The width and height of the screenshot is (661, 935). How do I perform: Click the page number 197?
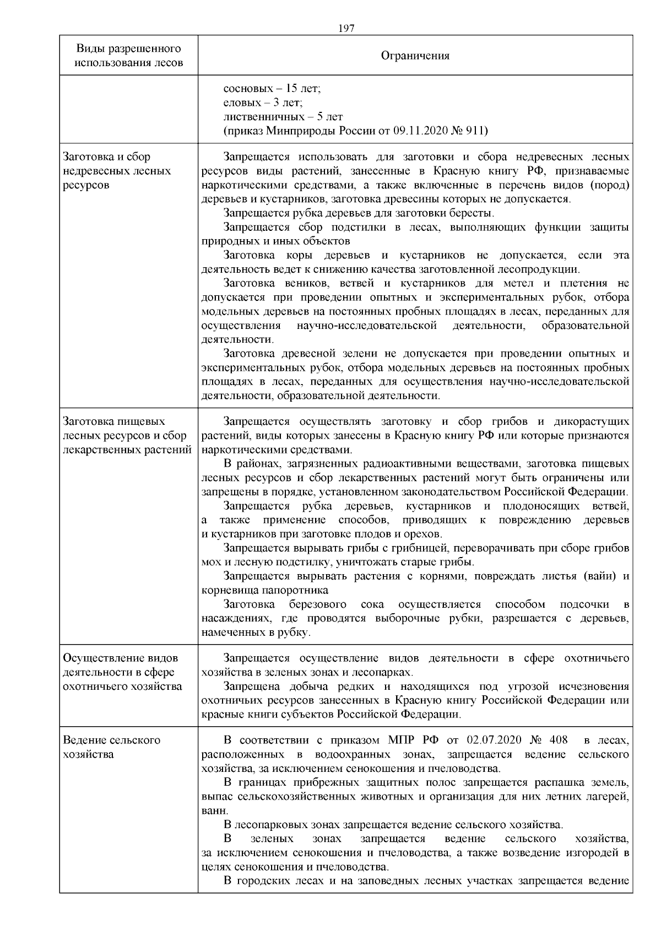[346, 29]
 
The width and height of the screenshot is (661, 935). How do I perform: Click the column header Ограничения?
[415, 56]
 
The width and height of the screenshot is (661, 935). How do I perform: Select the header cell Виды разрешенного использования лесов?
[128, 56]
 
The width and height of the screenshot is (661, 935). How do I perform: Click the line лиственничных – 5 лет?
[283, 117]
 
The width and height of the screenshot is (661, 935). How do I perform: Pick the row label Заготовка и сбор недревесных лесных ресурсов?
[117, 171]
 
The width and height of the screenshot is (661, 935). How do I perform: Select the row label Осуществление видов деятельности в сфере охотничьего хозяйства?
[122, 672]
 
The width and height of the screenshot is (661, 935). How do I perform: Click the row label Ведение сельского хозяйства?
[112, 747]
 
